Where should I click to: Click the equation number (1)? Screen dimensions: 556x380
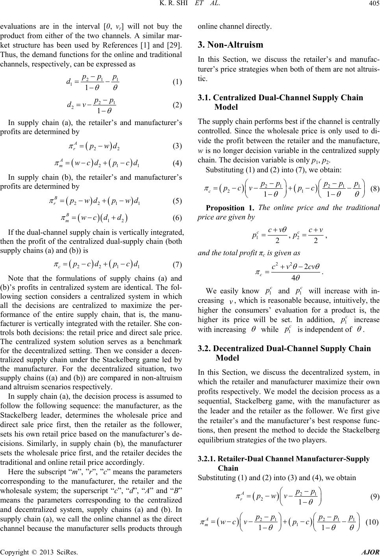(x=177, y=82)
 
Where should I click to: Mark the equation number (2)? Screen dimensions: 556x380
(x=177, y=105)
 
